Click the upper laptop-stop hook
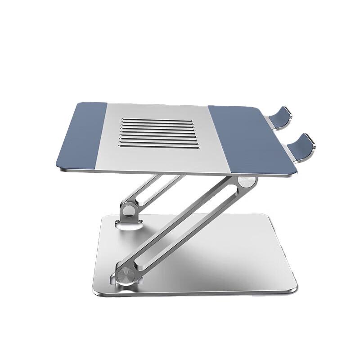click(x=288, y=116)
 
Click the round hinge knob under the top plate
click(x=245, y=182)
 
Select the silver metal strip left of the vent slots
click(x=112, y=135)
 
